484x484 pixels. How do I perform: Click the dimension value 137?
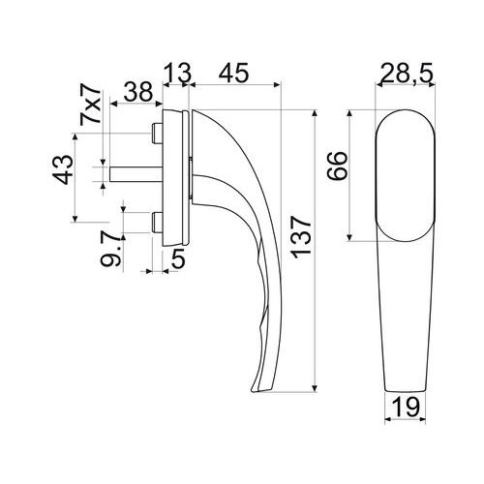(301, 237)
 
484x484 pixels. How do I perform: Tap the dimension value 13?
(177, 73)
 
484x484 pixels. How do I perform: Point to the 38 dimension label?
(137, 92)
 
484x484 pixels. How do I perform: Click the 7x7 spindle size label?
(91, 106)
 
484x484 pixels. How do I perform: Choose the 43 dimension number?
(63, 169)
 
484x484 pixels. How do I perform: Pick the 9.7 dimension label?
(111, 250)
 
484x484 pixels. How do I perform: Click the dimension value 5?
(178, 258)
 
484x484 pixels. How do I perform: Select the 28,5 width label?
(406, 73)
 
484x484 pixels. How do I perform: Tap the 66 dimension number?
(337, 166)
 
